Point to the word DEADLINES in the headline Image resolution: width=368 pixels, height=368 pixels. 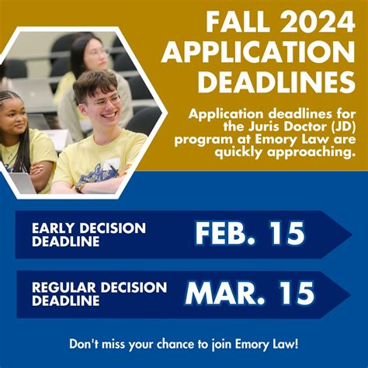coord(273,82)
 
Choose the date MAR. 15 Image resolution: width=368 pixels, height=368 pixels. coord(249,293)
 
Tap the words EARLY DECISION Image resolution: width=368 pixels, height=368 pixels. coord(89,227)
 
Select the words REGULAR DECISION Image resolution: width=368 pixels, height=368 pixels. coord(99,287)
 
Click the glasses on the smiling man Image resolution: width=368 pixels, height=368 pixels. coord(102,100)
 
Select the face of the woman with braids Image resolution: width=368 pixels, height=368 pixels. coord(17,117)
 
